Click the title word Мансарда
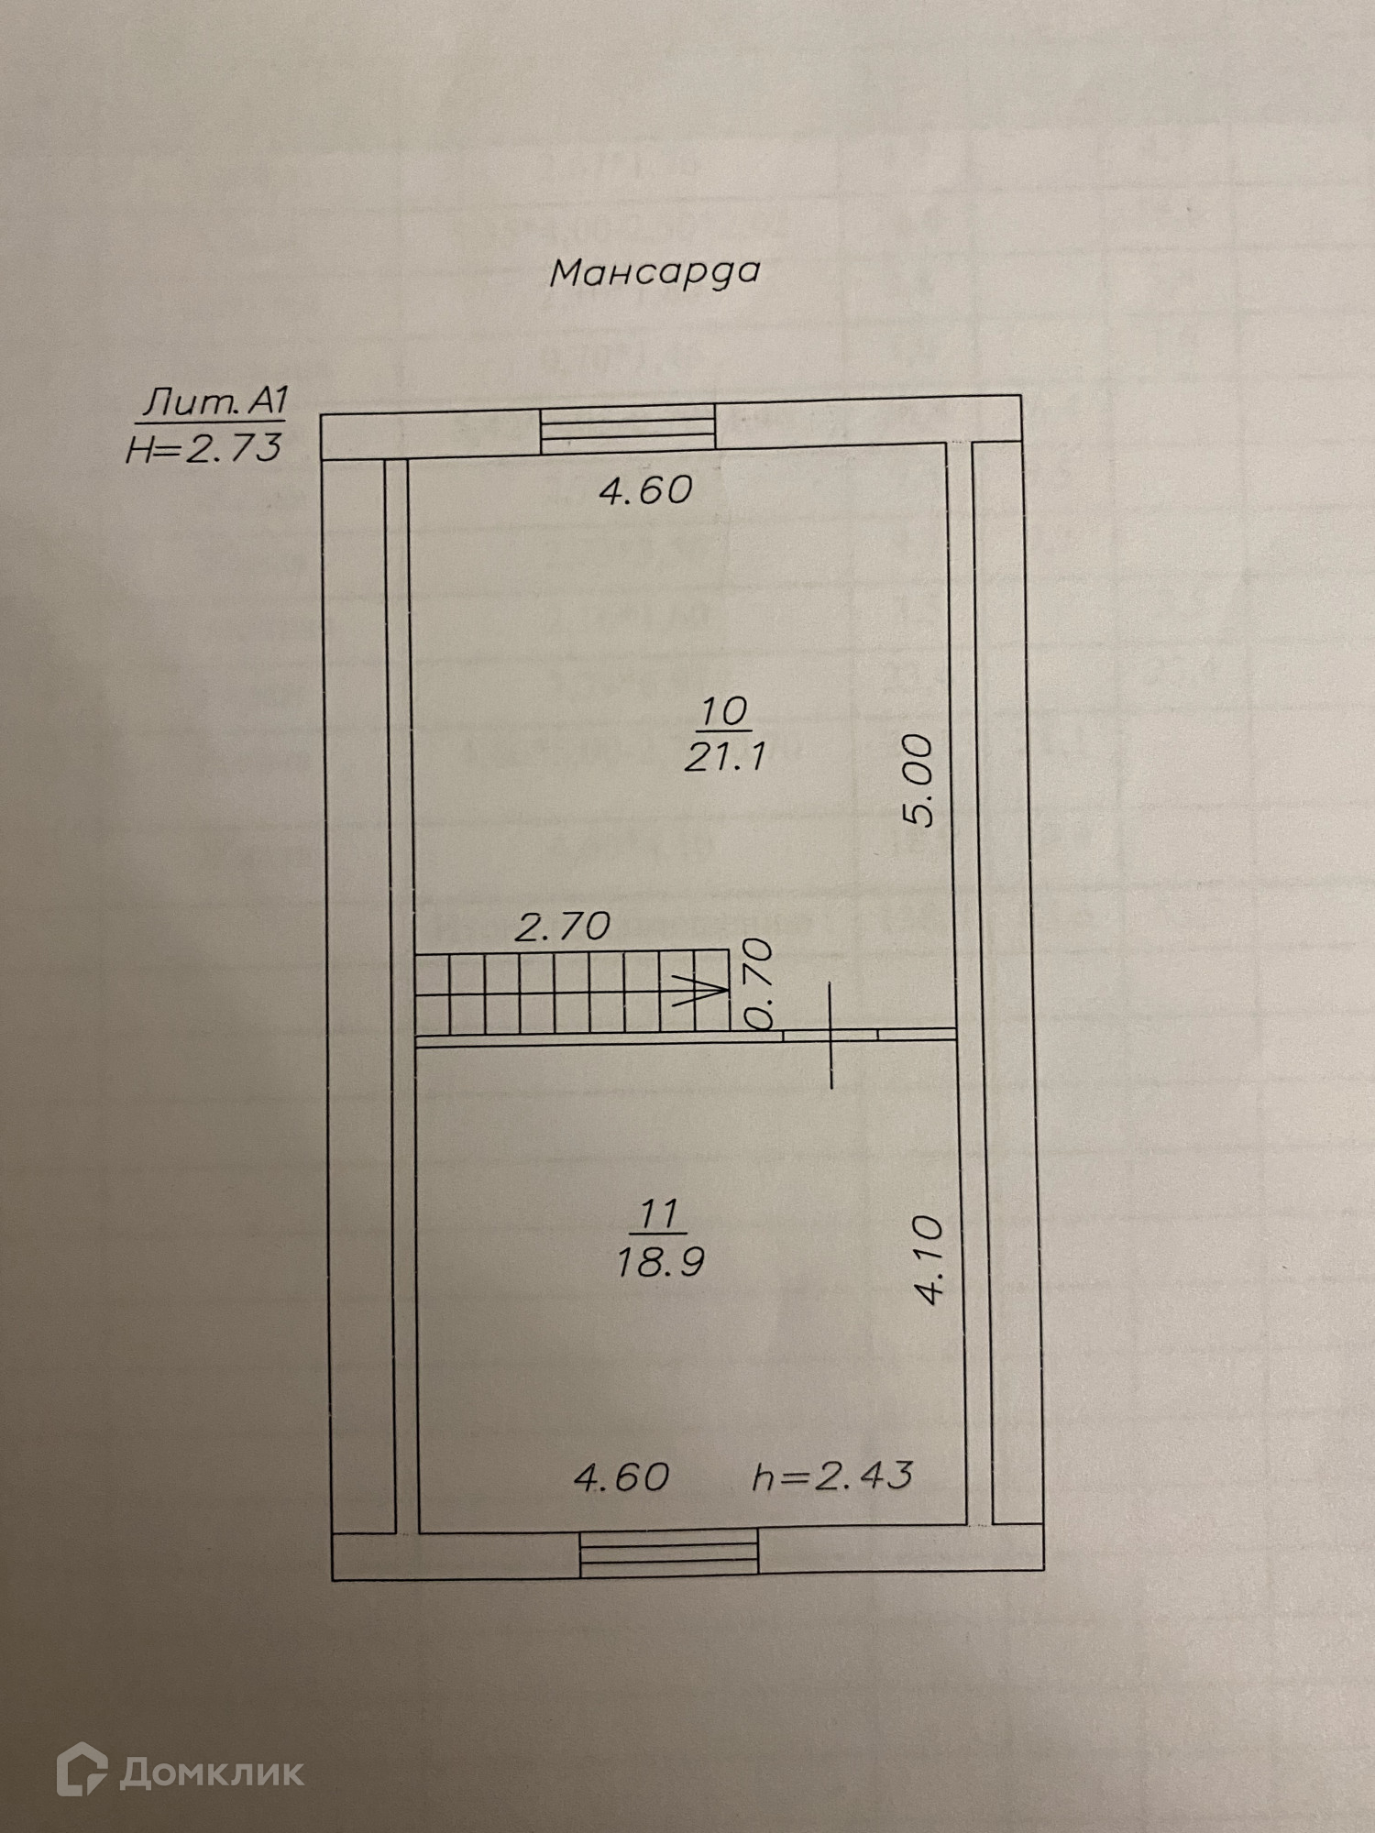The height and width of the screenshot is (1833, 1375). pyautogui.click(x=654, y=272)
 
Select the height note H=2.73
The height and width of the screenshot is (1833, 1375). pyautogui.click(x=203, y=449)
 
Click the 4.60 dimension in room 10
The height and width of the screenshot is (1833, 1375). pyautogui.click(x=645, y=490)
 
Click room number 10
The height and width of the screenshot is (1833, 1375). pyautogui.click(x=724, y=710)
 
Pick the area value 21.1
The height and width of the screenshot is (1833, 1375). pyautogui.click(x=724, y=757)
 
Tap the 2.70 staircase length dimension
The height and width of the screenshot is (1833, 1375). pyautogui.click(x=562, y=927)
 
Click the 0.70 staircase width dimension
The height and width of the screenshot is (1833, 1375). pyautogui.click(x=760, y=986)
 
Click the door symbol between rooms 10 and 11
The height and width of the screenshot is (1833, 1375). pyautogui.click(x=831, y=1035)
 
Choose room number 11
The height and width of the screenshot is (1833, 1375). pyautogui.click(x=658, y=1215)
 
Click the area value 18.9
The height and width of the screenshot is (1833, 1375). pyautogui.click(x=660, y=1263)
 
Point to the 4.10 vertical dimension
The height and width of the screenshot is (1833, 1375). pyautogui.click(x=929, y=1259)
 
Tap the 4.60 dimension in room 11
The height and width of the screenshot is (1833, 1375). pyautogui.click(x=621, y=1476)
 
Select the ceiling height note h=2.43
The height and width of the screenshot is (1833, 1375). pyautogui.click(x=832, y=1476)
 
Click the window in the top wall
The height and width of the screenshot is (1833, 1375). pyautogui.click(x=627, y=430)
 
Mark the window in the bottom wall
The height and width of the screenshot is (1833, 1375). pyautogui.click(x=669, y=1553)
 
